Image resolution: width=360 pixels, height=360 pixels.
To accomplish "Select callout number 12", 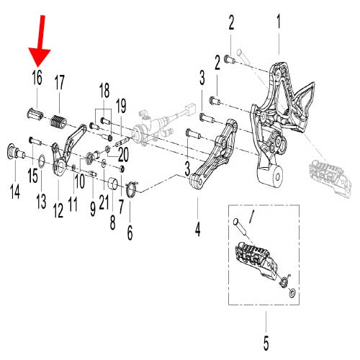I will click(58, 210).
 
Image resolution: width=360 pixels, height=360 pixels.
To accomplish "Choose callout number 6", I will click(130, 232).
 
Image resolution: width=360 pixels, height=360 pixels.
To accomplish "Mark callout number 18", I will click(104, 90).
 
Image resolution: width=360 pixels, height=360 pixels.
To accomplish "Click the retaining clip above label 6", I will click(130, 190).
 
